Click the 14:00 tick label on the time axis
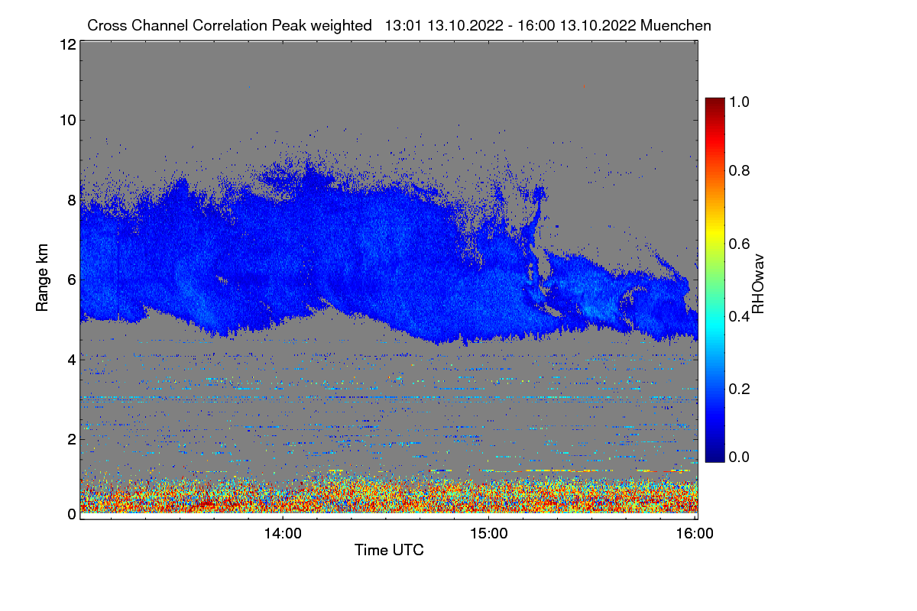click(x=283, y=534)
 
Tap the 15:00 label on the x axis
click(x=489, y=534)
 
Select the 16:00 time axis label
click(x=695, y=534)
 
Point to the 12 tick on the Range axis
click(x=66, y=44)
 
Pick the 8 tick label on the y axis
click(x=71, y=200)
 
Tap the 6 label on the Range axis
click(x=71, y=280)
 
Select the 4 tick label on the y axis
click(x=71, y=359)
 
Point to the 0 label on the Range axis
click(x=71, y=514)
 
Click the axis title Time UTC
click(x=389, y=550)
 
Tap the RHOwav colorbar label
click(x=758, y=284)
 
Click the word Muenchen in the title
click(x=676, y=25)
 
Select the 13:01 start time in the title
click(x=403, y=25)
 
